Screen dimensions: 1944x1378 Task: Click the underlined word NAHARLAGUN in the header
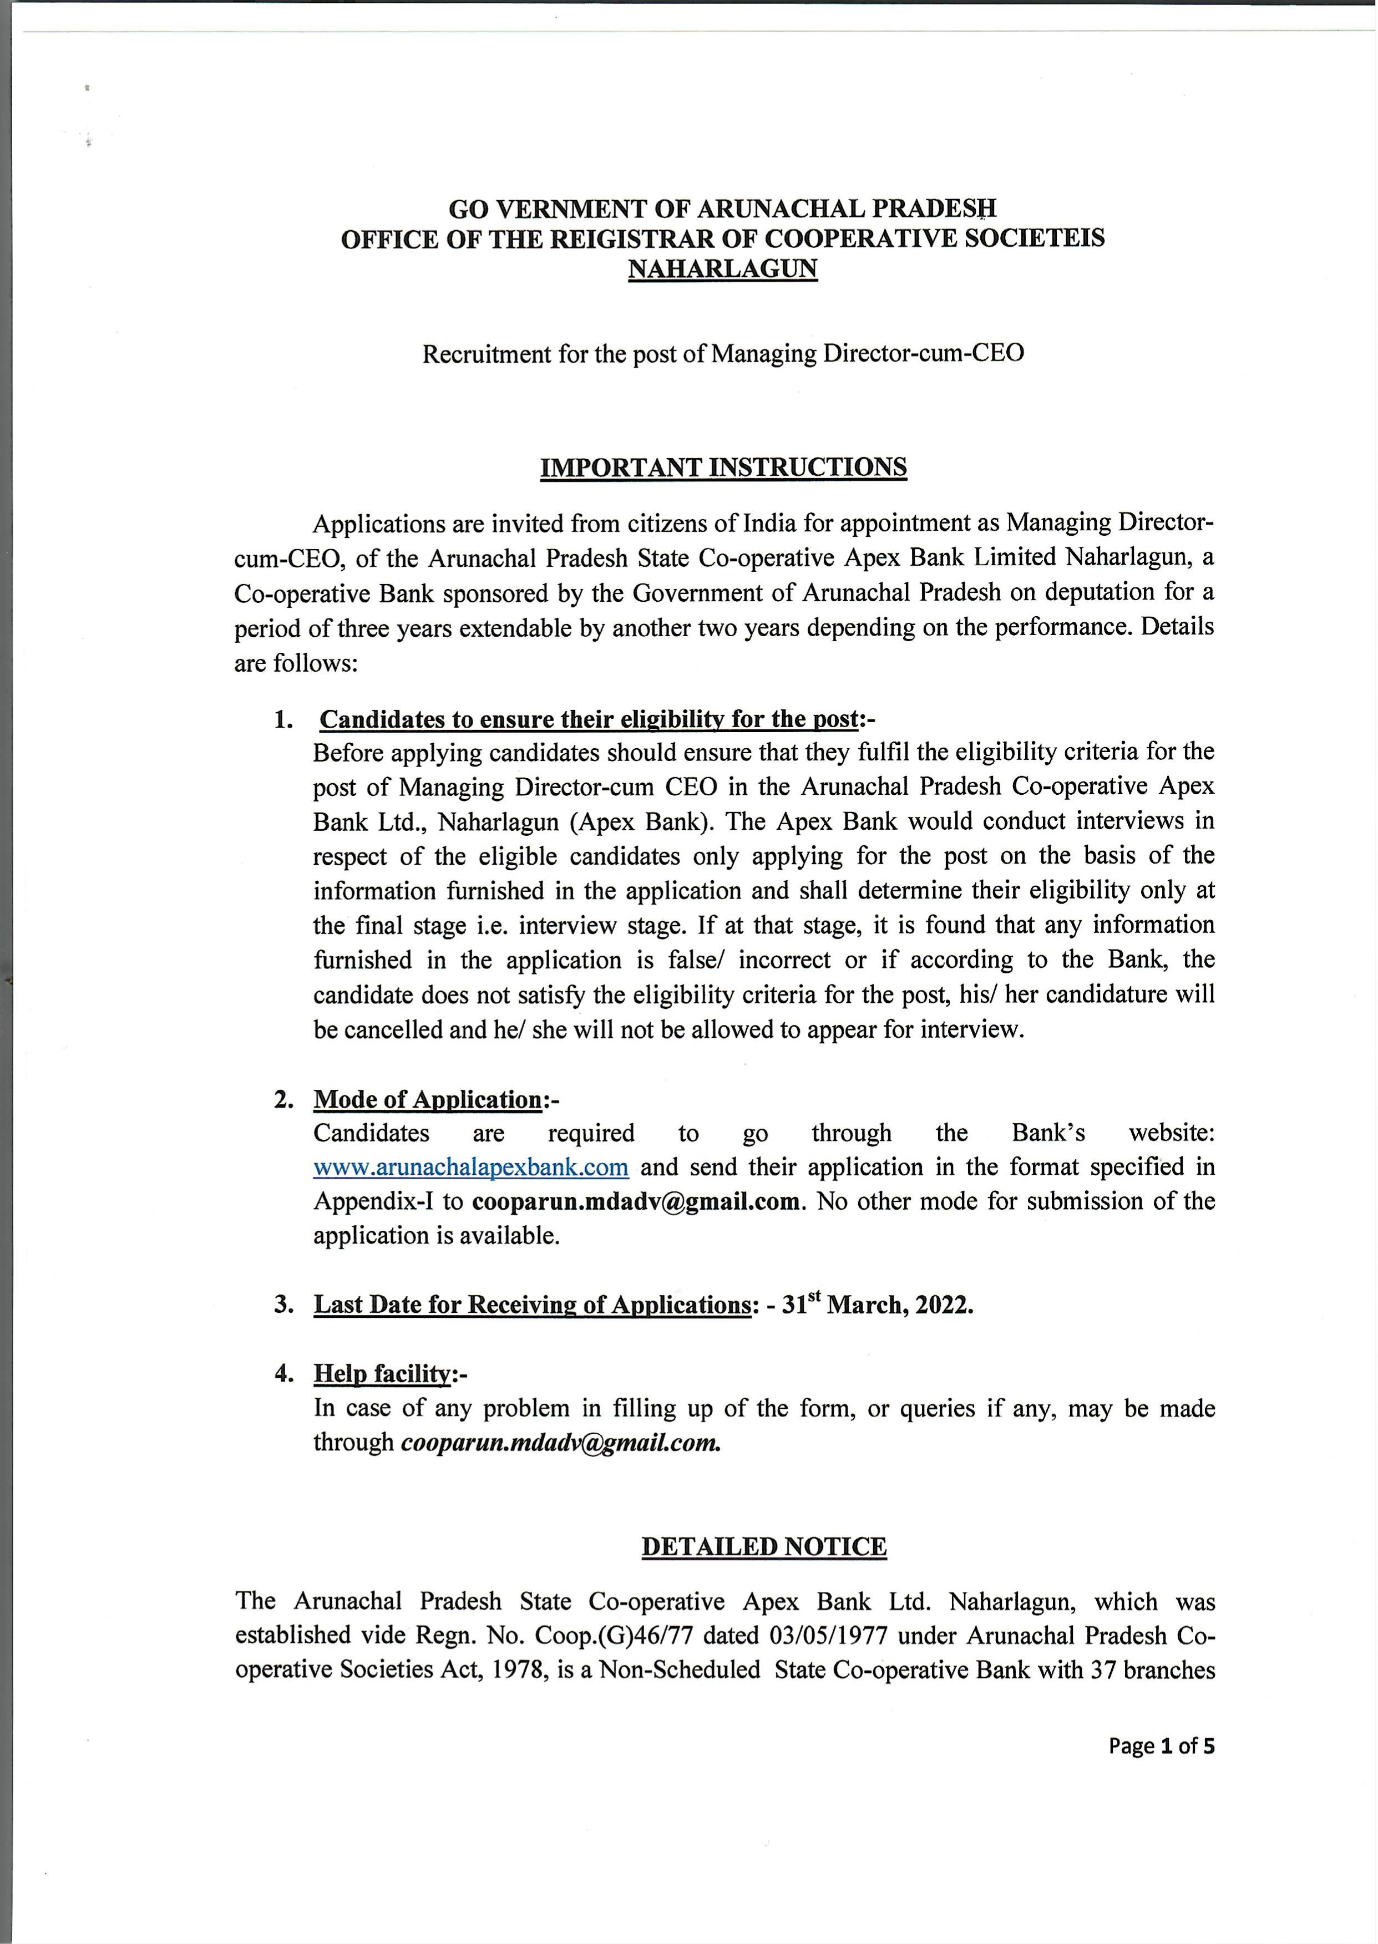point(722,269)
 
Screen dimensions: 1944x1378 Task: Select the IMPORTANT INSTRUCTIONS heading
point(723,468)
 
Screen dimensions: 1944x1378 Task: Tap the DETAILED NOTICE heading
point(764,1546)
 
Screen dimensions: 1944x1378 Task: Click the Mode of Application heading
point(427,1099)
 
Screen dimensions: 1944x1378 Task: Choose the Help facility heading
point(381,1373)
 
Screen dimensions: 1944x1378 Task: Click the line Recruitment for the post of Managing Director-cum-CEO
point(723,353)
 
